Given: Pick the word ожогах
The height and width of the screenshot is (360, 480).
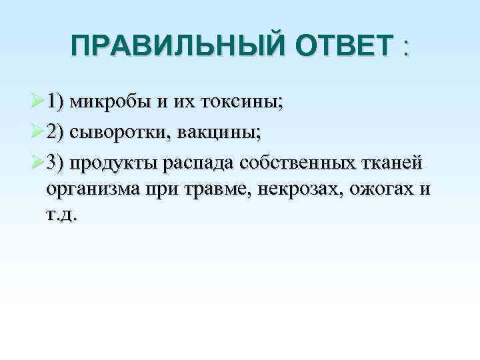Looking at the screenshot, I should tap(369, 189).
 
